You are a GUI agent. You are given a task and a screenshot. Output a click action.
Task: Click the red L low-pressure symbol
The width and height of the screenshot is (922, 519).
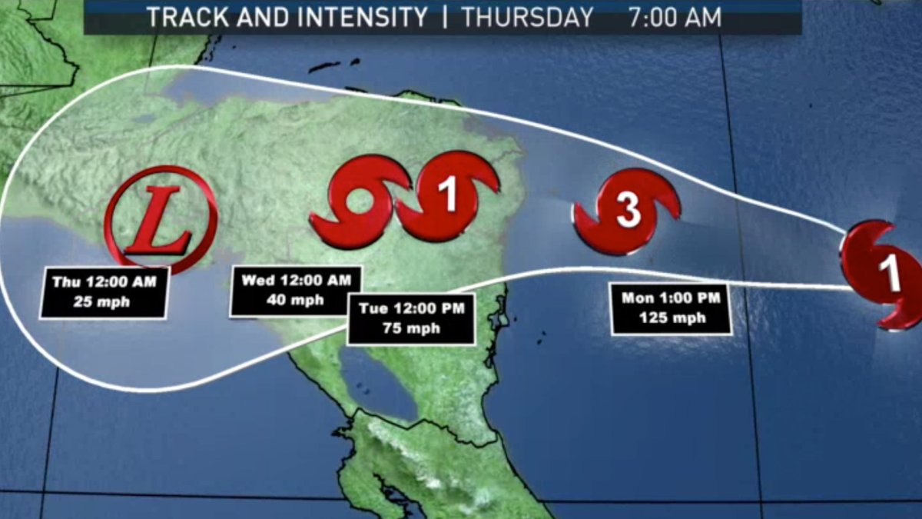(161, 220)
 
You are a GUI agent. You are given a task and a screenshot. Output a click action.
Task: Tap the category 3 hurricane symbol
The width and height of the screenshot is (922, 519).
(627, 211)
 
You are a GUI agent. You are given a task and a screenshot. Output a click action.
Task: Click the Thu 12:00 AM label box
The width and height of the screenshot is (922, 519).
(104, 291)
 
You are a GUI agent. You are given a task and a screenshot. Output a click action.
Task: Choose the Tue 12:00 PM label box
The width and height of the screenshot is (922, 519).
(411, 318)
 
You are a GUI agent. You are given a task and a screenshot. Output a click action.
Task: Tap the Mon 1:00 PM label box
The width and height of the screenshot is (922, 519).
(671, 308)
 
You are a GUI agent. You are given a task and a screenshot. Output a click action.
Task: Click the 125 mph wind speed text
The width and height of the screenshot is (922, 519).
(671, 318)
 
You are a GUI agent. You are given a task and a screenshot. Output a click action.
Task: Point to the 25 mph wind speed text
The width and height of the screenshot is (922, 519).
(104, 301)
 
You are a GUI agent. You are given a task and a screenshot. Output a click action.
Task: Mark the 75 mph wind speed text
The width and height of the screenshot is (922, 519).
(411, 328)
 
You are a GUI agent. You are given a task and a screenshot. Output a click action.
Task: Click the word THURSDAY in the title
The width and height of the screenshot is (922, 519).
(528, 18)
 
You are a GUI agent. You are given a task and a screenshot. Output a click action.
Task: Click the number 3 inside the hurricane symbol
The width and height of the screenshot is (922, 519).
(628, 211)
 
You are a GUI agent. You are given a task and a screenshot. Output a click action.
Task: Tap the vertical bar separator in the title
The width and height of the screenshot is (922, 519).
(444, 18)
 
